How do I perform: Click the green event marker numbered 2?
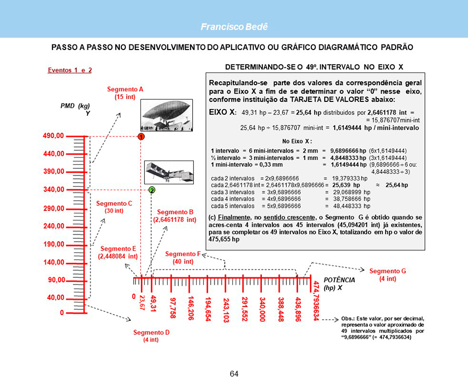152,190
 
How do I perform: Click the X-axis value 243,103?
226,308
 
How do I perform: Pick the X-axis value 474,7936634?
316,301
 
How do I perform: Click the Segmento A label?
125,93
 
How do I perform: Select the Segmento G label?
387,275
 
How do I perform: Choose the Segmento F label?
183,257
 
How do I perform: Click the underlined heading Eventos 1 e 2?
70,70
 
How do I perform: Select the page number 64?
234,374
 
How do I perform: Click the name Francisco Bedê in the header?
234,27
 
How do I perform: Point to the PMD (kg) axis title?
75,105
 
